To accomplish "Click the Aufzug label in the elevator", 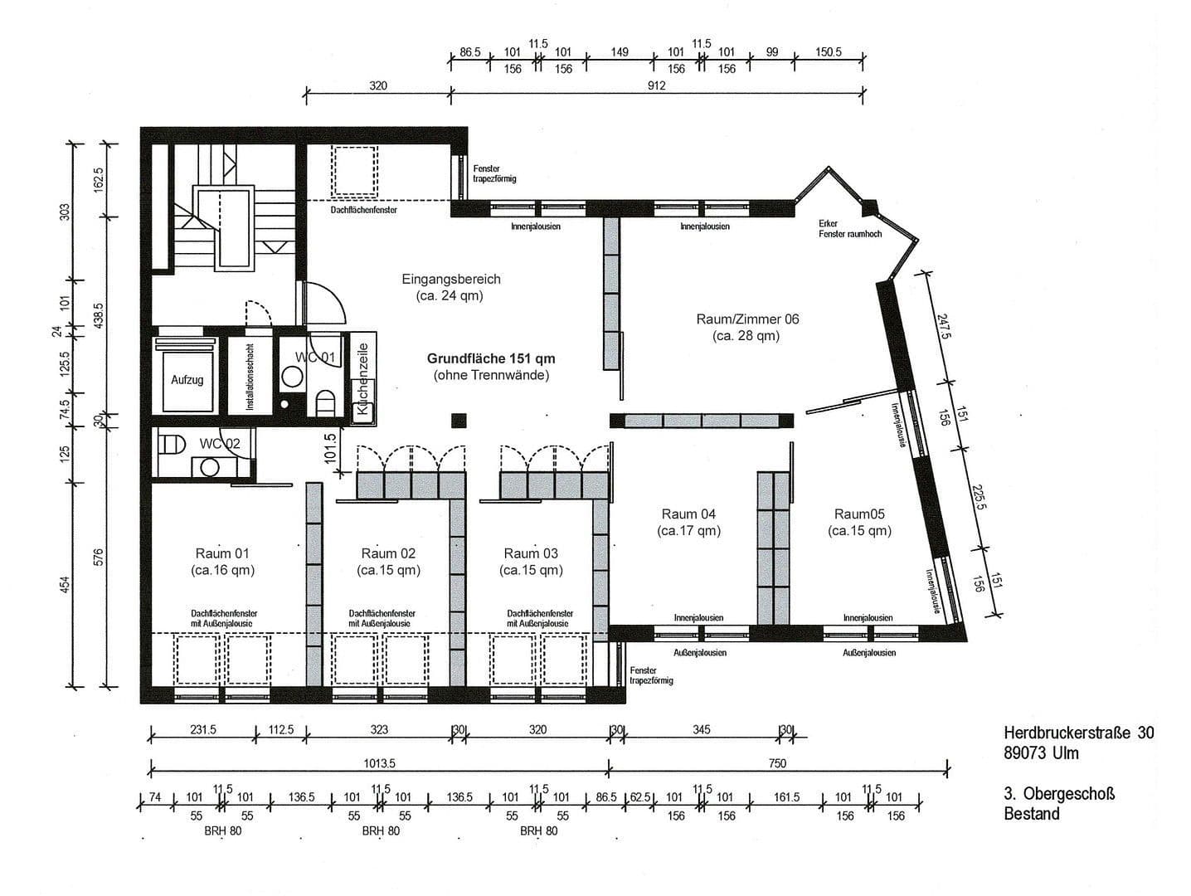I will (187, 380).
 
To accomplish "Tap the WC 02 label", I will (219, 444).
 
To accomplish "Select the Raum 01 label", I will (222, 553).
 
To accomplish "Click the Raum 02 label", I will (388, 553).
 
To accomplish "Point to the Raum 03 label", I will (531, 553).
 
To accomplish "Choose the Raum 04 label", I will (688, 514).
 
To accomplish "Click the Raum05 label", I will (859, 514).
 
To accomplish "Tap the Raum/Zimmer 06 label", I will (747, 319).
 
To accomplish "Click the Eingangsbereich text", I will (451, 280).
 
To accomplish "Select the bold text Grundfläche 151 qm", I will (491, 359).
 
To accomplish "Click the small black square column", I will (459, 420).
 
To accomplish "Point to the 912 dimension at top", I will (655, 85).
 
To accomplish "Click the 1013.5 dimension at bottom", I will (379, 763).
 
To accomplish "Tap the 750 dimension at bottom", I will (777, 763).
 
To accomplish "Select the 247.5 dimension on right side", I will (943, 325).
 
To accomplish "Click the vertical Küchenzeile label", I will (362, 379).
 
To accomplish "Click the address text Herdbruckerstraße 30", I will (1078, 733).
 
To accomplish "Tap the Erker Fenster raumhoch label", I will (849, 229).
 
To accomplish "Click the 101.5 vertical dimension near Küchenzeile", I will (330, 447).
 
